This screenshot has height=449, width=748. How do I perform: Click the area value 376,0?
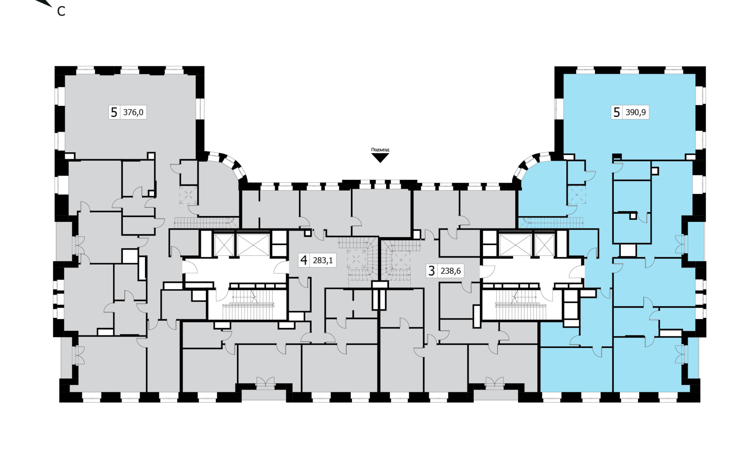click(x=133, y=112)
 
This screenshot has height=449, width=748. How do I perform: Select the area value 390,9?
click(x=636, y=112)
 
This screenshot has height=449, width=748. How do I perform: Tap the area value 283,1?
click(x=323, y=260)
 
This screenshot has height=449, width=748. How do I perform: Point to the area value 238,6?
click(x=451, y=271)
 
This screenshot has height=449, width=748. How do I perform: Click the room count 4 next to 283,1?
click(x=304, y=260)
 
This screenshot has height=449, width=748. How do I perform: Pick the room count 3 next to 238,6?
click(x=432, y=271)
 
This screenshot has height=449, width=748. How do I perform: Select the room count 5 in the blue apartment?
click(x=616, y=112)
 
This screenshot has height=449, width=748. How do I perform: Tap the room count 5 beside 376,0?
click(x=114, y=112)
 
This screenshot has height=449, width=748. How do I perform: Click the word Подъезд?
click(x=380, y=150)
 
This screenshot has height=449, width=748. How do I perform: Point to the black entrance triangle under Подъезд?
click(x=380, y=157)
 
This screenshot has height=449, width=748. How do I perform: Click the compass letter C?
click(x=61, y=12)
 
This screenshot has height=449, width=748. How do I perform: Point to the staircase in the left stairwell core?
click(x=248, y=304)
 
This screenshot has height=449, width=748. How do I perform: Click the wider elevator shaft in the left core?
click(x=253, y=245)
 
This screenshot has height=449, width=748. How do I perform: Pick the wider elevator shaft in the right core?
click(x=515, y=245)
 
